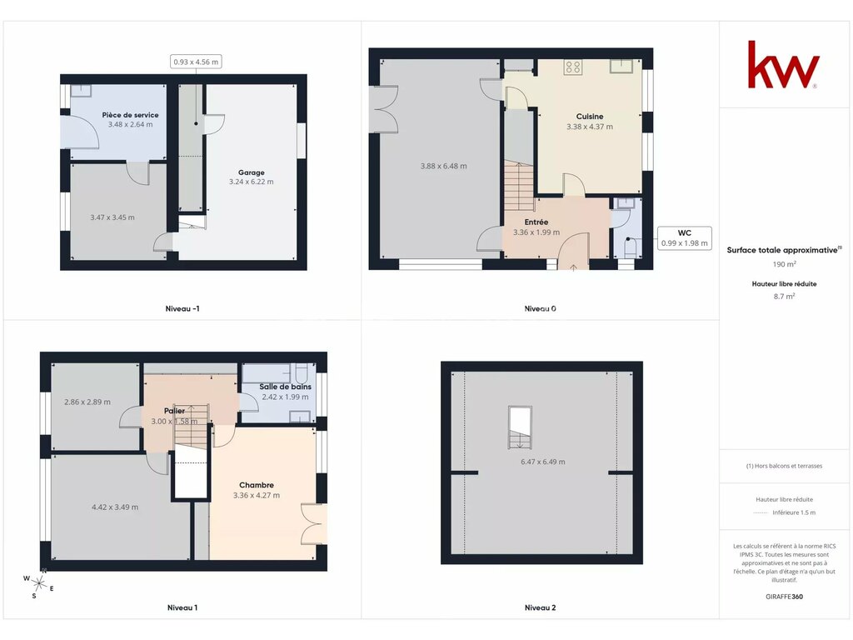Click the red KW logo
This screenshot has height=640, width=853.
pyautogui.click(x=783, y=64)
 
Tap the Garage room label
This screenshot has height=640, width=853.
pyautogui.click(x=252, y=172)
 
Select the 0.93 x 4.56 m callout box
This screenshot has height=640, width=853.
pyautogui.click(x=196, y=62)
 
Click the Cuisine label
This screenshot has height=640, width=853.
pyautogui.click(x=590, y=117)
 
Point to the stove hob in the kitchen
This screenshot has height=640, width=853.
pyautogui.click(x=573, y=67)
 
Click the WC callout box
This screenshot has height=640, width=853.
pyautogui.click(x=685, y=237)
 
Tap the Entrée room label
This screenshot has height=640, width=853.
pyautogui.click(x=536, y=222)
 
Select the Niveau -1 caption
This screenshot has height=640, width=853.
pyautogui.click(x=182, y=308)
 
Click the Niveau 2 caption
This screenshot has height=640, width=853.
pyautogui.click(x=540, y=607)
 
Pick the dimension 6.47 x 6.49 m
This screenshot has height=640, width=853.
pyautogui.click(x=543, y=462)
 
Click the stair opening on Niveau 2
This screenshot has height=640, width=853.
pyautogui.click(x=520, y=427)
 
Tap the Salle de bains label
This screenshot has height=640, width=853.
pyautogui.click(x=285, y=387)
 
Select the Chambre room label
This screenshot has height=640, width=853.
pyautogui.click(x=257, y=486)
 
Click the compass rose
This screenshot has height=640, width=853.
pyautogui.click(x=38, y=583)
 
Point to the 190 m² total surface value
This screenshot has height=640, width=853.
pyautogui.click(x=785, y=264)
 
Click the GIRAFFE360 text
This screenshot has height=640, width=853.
pyautogui.click(x=784, y=597)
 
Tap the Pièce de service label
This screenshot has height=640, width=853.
pyautogui.click(x=131, y=115)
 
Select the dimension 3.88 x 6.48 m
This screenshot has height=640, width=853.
pyautogui.click(x=443, y=167)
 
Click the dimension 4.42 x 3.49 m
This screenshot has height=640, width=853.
pyautogui.click(x=115, y=507)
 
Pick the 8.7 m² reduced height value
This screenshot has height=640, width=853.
pyautogui.click(x=785, y=297)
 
